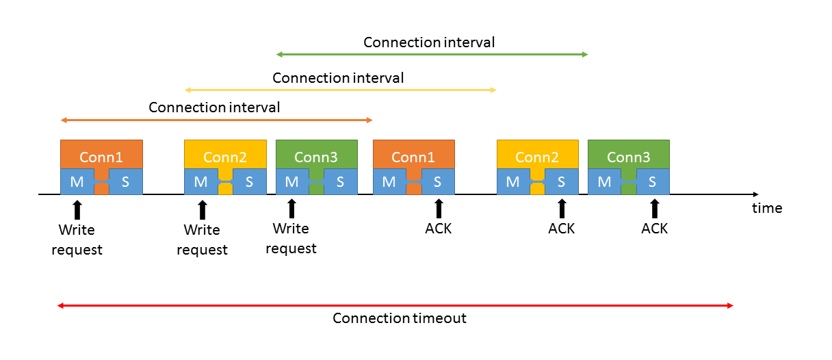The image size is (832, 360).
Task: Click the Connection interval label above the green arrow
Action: tap(429, 42)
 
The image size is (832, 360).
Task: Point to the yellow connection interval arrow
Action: tap(340, 90)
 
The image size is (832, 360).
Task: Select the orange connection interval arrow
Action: tap(216, 120)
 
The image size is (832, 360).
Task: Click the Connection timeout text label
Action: tap(400, 318)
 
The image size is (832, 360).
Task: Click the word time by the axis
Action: tap(767, 208)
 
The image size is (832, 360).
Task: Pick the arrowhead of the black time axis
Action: tap(755, 195)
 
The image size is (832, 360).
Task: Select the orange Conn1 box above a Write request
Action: tap(101, 156)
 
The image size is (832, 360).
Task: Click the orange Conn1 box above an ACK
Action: tap(413, 156)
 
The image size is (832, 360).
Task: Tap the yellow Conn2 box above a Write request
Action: tap(225, 156)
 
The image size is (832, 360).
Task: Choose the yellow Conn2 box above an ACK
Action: tap(537, 156)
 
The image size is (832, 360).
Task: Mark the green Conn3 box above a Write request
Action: tap(316, 156)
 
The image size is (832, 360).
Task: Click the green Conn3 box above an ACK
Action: tap(628, 156)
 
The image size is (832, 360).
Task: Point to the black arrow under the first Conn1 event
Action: tap(77, 209)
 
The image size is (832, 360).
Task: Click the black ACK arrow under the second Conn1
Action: tap(439, 209)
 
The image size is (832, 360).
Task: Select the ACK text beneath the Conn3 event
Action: tap(654, 229)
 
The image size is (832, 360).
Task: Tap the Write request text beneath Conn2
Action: tap(202, 240)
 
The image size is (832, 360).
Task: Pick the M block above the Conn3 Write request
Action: tap(292, 182)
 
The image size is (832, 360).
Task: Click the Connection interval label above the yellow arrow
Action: tap(338, 78)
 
